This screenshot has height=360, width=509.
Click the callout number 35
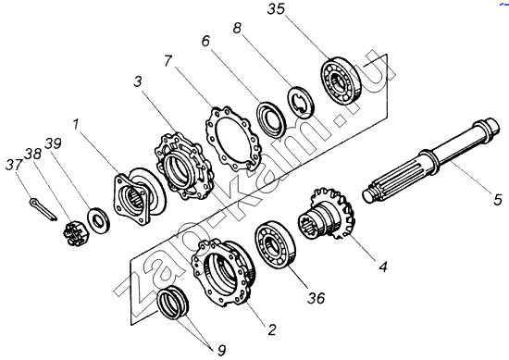pyautogui.click(x=277, y=9)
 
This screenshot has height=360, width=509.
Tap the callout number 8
pyautogui.click(x=237, y=29)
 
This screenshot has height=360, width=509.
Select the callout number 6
pyautogui.click(x=205, y=42)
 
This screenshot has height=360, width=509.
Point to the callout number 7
pyautogui.click(x=168, y=61)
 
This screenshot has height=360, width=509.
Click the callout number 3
pyautogui.click(x=138, y=81)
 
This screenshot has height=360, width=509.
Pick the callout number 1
pyautogui.click(x=76, y=124)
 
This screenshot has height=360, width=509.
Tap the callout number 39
pyautogui.click(x=54, y=143)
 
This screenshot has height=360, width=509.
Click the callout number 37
pyautogui.click(x=14, y=164)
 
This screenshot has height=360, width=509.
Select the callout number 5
pyautogui.click(x=498, y=199)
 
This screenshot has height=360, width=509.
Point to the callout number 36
pyautogui.click(x=317, y=297)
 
